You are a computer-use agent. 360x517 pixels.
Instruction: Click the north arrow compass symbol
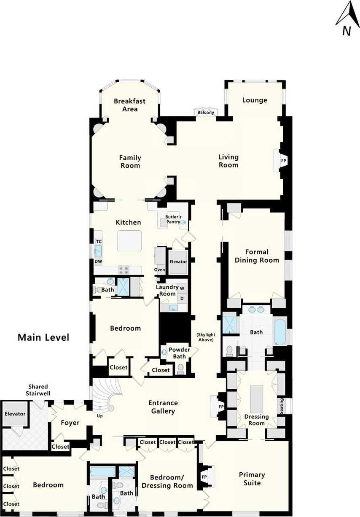[347, 19]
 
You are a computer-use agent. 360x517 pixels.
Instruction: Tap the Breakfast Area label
[130, 105]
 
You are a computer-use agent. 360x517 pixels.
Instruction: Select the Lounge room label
[255, 100]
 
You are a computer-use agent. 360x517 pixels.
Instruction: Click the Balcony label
[206, 113]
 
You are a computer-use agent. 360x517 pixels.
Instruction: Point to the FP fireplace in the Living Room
[284, 161]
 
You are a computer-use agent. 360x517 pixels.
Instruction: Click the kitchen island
[129, 241]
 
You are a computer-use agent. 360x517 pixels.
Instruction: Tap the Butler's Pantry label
[173, 219]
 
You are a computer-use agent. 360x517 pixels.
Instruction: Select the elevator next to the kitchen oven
[178, 262]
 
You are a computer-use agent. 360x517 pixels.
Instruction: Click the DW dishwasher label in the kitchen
[98, 261]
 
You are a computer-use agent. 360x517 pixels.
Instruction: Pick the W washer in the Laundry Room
[182, 288]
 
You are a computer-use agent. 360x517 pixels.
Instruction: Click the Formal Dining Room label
[257, 256]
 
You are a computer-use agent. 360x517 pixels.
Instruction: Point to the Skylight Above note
[206, 337]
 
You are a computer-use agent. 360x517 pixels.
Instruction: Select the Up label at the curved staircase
[99, 416]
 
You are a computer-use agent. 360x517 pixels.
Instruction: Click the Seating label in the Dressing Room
[282, 406]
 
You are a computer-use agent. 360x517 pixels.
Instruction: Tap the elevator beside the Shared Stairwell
[15, 414]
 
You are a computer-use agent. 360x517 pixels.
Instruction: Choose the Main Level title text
[43, 337]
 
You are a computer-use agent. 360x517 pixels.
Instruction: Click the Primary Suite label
[252, 479]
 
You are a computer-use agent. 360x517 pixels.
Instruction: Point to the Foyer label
[70, 423]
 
